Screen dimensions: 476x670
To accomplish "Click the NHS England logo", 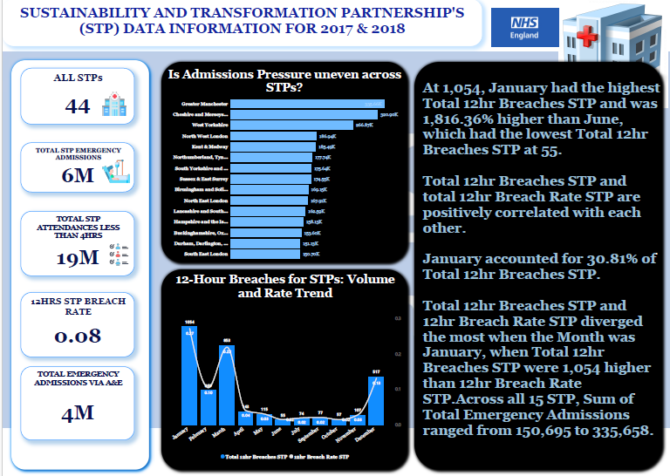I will pyautogui.click(x=524, y=29).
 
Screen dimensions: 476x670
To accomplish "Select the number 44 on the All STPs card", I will pyautogui.click(x=78, y=106).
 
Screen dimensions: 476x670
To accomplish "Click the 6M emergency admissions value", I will pyautogui.click(x=77, y=176).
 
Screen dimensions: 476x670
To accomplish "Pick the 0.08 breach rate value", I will pyautogui.click(x=77, y=335).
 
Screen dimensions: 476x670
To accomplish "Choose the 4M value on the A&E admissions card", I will pyautogui.click(x=77, y=411).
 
